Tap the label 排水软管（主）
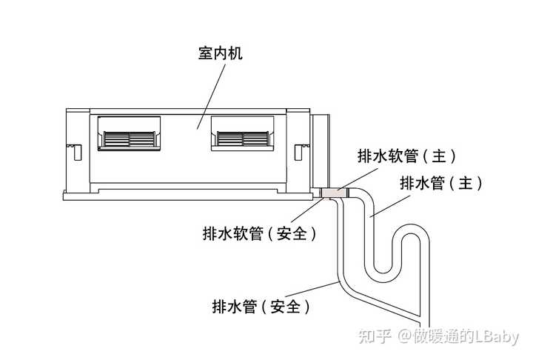coord(406,156)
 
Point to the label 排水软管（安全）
coord(260,233)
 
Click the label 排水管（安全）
coord(260,306)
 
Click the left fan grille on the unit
coord(130,139)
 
